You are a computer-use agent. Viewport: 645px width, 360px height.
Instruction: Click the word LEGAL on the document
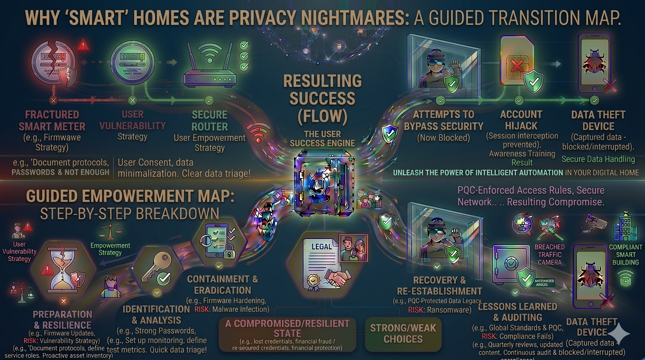click(x=322, y=247)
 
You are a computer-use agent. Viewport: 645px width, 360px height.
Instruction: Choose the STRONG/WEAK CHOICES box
click(x=403, y=333)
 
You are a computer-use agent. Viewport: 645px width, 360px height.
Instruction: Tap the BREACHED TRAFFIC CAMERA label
click(x=550, y=255)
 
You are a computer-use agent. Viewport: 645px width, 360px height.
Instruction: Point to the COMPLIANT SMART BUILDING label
click(x=625, y=255)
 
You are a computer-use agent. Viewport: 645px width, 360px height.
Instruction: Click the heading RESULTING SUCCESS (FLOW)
click(x=322, y=98)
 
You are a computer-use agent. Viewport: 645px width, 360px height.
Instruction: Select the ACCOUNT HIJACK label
click(x=521, y=120)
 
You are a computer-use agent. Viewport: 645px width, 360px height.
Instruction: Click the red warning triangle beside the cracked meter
click(x=83, y=45)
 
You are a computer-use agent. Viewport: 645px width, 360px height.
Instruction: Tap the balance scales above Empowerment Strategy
click(x=110, y=231)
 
